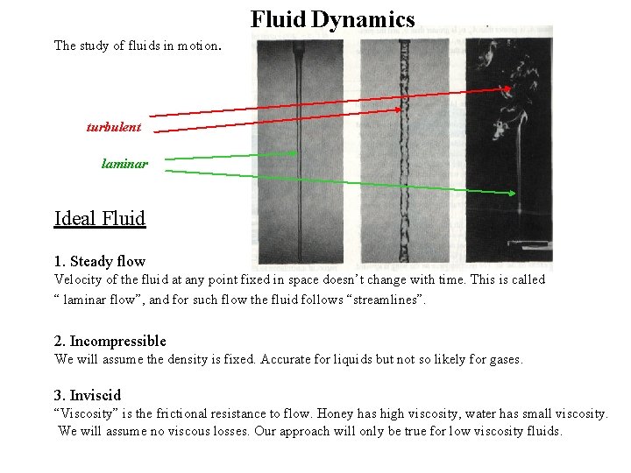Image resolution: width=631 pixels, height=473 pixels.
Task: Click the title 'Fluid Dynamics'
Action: pyautogui.click(x=332, y=19)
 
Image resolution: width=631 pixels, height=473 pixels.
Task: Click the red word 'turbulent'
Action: pyautogui.click(x=113, y=127)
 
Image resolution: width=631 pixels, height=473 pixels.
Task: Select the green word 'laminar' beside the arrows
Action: pyautogui.click(x=124, y=163)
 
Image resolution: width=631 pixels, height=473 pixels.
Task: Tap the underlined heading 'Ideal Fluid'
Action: pyautogui.click(x=100, y=218)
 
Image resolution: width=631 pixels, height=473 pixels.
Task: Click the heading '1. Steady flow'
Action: pyautogui.click(x=100, y=261)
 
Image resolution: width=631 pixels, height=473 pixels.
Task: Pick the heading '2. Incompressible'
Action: pyautogui.click(x=110, y=341)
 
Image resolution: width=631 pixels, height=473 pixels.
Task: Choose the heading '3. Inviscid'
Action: pyautogui.click(x=88, y=395)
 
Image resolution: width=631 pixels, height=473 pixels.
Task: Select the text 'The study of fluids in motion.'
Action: pyautogui.click(x=138, y=45)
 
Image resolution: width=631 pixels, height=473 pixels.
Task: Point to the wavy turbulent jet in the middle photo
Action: pyautogui.click(x=404, y=158)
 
